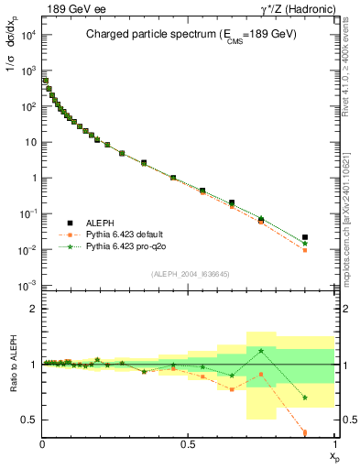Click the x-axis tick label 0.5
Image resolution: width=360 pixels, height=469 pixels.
tap(189, 444)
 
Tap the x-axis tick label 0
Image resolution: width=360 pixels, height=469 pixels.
tap(43, 444)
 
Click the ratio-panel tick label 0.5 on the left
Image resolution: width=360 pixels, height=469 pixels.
tap(31, 420)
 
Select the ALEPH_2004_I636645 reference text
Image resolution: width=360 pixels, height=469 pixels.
tap(189, 274)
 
